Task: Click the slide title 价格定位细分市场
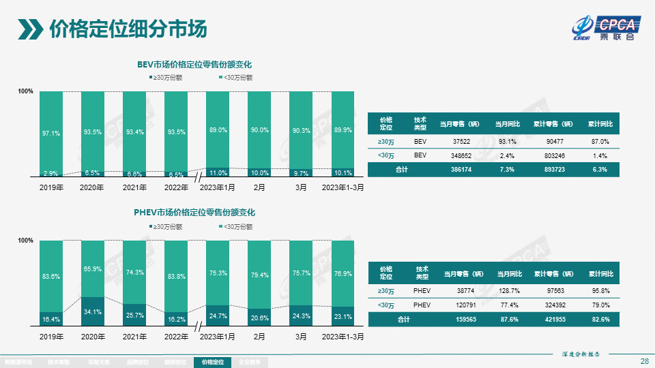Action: pyautogui.click(x=128, y=29)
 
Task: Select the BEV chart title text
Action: pyautogui.click(x=194, y=65)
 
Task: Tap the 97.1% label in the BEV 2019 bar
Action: pyautogui.click(x=51, y=134)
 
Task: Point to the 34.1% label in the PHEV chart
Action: pyautogui.click(x=93, y=312)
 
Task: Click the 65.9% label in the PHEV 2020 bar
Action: pyautogui.click(x=93, y=269)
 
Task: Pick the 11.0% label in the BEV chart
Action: pyautogui.click(x=218, y=173)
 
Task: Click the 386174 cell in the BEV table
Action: pyautogui.click(x=457, y=170)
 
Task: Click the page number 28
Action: pyautogui.click(x=644, y=361)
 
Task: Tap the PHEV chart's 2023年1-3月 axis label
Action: pyautogui.click(x=343, y=337)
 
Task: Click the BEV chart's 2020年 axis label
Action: pyautogui.click(x=93, y=187)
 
